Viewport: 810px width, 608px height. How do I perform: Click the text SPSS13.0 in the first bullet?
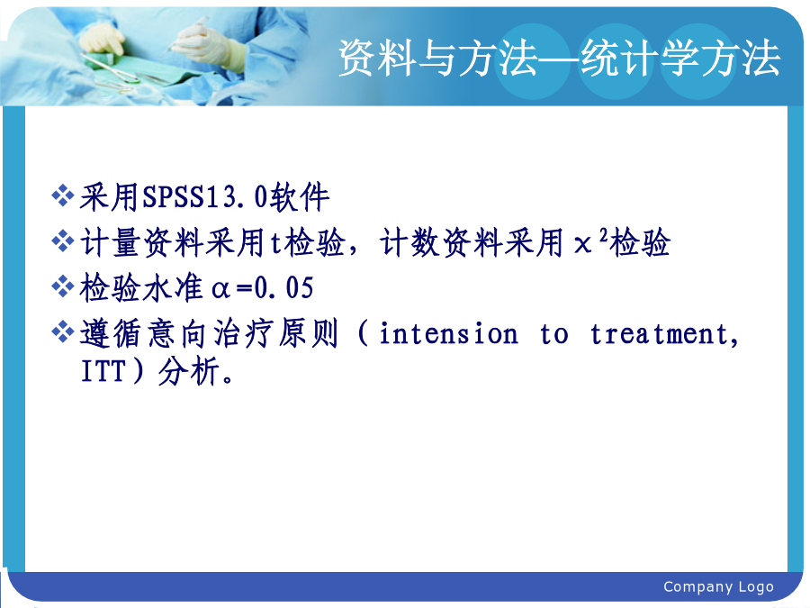click(x=205, y=197)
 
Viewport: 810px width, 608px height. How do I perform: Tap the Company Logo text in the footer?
click(x=718, y=587)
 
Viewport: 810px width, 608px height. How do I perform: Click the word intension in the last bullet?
click(x=448, y=333)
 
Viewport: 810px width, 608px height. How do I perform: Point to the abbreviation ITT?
click(x=103, y=371)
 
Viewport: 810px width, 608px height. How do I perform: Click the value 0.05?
click(x=284, y=288)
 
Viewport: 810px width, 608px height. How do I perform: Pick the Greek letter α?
click(x=220, y=289)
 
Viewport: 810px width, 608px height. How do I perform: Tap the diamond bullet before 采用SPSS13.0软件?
click(x=62, y=196)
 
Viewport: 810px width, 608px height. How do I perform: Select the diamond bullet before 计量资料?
click(x=62, y=241)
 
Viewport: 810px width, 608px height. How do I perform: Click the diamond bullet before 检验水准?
click(x=62, y=286)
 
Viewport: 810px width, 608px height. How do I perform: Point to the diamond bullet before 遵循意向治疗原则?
click(x=62, y=331)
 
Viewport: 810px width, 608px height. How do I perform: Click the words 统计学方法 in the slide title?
click(x=679, y=58)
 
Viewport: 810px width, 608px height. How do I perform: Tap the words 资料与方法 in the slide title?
click(x=438, y=58)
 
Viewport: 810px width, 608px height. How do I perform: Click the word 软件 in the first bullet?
click(x=299, y=197)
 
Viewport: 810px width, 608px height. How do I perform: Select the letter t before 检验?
click(x=275, y=243)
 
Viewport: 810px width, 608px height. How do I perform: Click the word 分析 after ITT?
click(x=188, y=371)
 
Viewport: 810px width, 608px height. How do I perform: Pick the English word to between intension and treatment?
click(x=553, y=334)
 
